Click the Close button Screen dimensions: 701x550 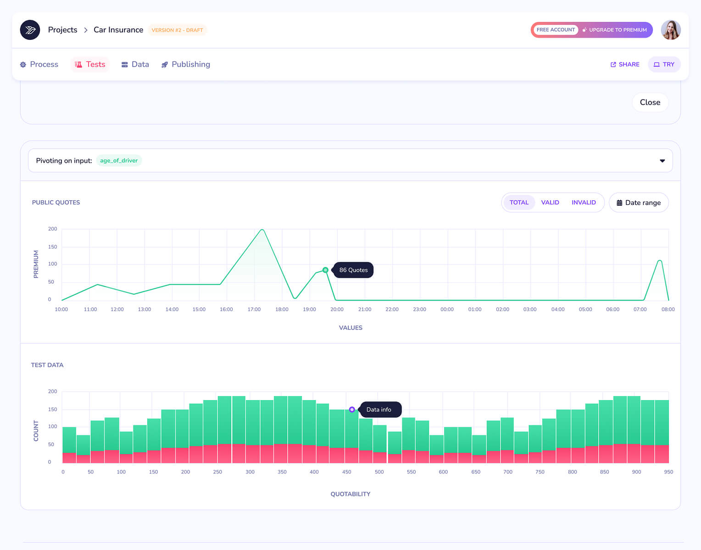click(x=650, y=103)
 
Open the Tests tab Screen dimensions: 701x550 click(x=90, y=65)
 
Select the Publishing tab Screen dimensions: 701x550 click(x=185, y=65)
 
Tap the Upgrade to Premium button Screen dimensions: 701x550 click(x=615, y=30)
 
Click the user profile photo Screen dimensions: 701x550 click(x=671, y=30)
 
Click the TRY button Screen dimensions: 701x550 click(x=664, y=65)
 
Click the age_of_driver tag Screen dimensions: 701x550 click(x=119, y=160)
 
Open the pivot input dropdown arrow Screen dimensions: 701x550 click(x=662, y=161)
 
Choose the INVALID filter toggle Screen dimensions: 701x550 click(x=583, y=202)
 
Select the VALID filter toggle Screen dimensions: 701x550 click(x=550, y=202)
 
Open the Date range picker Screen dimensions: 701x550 click(x=639, y=203)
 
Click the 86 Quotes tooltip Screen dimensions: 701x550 click(x=353, y=270)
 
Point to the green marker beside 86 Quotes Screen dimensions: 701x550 click(x=326, y=270)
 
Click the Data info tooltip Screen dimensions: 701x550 click(x=379, y=409)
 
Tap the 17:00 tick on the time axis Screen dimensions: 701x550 click(x=254, y=309)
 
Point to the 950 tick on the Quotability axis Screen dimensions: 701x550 click(x=668, y=472)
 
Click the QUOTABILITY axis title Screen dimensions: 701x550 click(x=350, y=494)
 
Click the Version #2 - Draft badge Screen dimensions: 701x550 click(x=177, y=30)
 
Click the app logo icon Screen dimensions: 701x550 click(x=30, y=30)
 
